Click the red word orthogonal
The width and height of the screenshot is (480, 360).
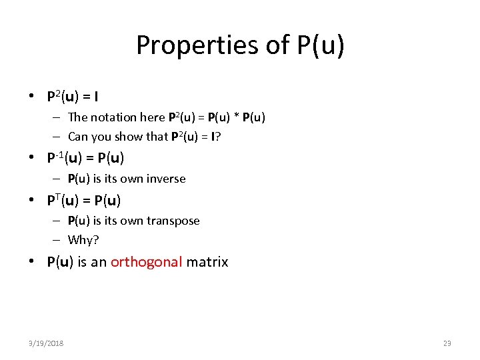[x=146, y=262]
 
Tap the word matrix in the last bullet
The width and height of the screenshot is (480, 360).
[x=207, y=262]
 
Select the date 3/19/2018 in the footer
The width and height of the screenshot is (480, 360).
[x=46, y=343]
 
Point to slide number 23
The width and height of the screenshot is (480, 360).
[x=447, y=343]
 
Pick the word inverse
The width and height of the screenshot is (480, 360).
[x=166, y=179]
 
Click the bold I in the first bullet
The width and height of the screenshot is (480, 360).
[x=97, y=97]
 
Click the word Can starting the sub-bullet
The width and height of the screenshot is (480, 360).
[x=77, y=137]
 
